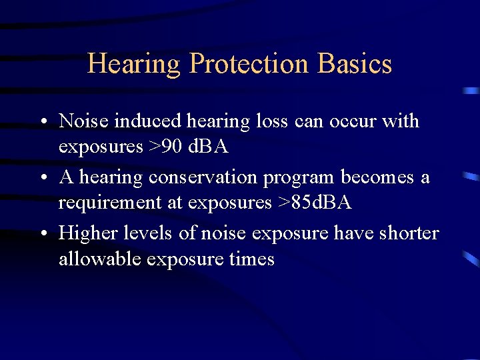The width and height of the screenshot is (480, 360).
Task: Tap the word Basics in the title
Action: click(355, 64)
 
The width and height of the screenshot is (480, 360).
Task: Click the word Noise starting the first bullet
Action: click(84, 121)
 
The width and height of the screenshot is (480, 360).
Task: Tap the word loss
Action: click(272, 121)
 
